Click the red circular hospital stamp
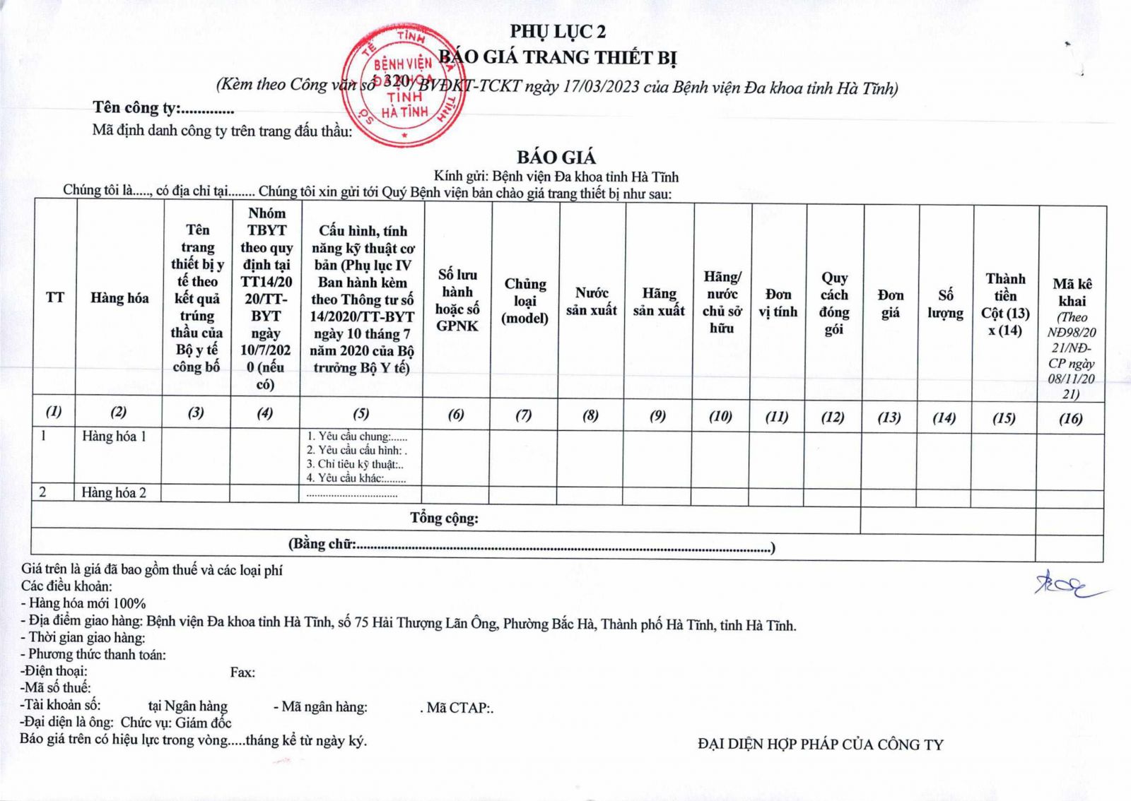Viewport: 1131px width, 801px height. coord(404,86)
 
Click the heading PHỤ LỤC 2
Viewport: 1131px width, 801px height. coord(558,31)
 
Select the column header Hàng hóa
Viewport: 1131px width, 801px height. coord(119,298)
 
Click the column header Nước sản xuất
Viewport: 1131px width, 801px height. coord(591,302)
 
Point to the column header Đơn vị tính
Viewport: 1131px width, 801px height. coord(778,303)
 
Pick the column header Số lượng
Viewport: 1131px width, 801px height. coord(945,304)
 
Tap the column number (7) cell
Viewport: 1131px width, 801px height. coord(523,415)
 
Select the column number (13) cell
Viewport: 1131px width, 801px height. coord(889,417)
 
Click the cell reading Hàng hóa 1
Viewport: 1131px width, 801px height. coord(114,437)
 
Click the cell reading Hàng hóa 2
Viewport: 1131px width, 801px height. coord(114,493)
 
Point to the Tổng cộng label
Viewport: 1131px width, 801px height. coord(444,518)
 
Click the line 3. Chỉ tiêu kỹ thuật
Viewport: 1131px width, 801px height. coord(355,464)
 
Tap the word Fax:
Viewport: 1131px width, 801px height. coord(242,672)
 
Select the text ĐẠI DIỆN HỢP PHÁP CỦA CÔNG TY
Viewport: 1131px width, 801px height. coord(820,744)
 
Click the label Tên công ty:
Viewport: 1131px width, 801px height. coord(137,108)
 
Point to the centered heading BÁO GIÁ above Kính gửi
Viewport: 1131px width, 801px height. coord(556,158)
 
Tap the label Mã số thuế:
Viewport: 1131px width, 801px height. coord(56,688)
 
